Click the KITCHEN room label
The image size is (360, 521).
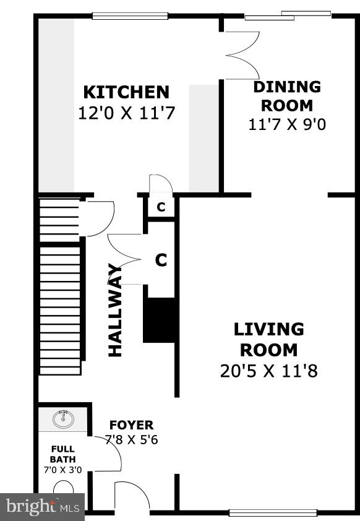click(x=126, y=92)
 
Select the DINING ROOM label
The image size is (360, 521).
click(x=287, y=95)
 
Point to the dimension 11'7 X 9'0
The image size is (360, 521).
click(x=287, y=124)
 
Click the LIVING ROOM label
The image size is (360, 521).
click(x=269, y=339)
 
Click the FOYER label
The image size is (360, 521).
click(x=131, y=425)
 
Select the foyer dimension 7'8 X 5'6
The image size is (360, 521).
click(x=131, y=441)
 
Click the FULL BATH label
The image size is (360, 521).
click(x=62, y=454)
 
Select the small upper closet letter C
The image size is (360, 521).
click(x=161, y=207)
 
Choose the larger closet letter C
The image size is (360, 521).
click(x=161, y=260)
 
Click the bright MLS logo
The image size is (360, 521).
click(x=42, y=507)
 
